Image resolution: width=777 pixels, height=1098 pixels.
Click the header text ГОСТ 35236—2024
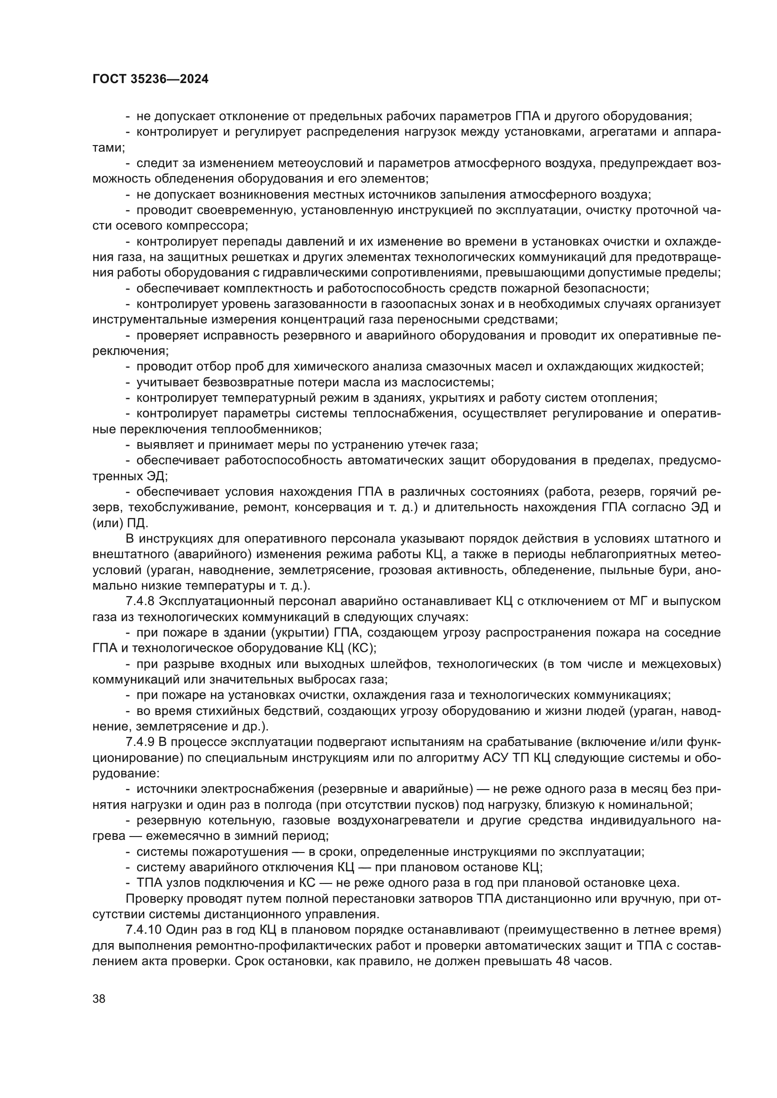(x=151, y=79)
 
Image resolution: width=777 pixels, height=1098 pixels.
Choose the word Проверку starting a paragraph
(x=152, y=898)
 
